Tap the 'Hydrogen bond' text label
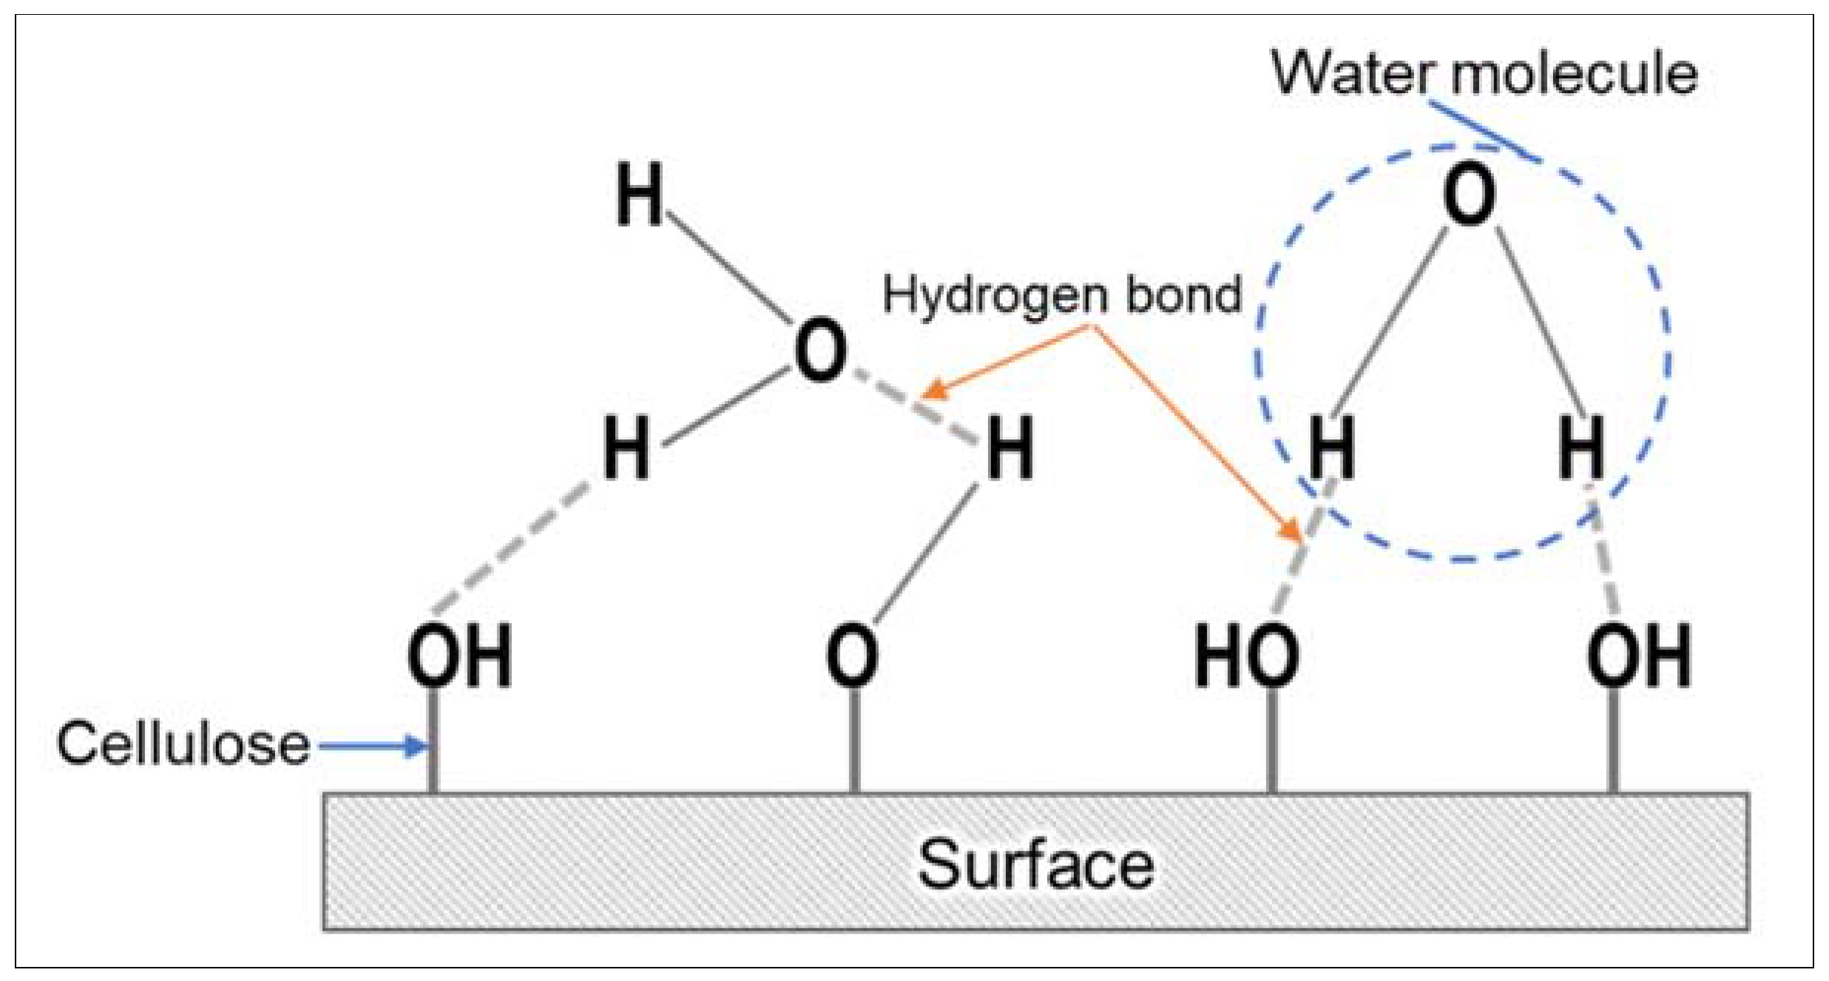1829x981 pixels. click(x=1062, y=294)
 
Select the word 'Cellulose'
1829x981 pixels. click(x=183, y=744)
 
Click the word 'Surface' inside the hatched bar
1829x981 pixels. click(x=1035, y=865)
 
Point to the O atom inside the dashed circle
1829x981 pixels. click(x=1468, y=198)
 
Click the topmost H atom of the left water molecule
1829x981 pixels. click(x=639, y=196)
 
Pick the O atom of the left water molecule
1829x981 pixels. click(x=819, y=353)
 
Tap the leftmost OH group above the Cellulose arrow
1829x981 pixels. click(x=459, y=655)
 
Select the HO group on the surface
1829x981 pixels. click(x=1247, y=655)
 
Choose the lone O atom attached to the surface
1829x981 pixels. click(x=852, y=655)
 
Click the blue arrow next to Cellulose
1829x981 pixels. click(x=373, y=746)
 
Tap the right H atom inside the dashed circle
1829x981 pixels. click(x=1581, y=448)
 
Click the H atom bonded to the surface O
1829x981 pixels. click(x=1010, y=448)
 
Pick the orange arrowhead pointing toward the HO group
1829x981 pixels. click(x=1291, y=531)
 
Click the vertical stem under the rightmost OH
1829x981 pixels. click(x=1613, y=740)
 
